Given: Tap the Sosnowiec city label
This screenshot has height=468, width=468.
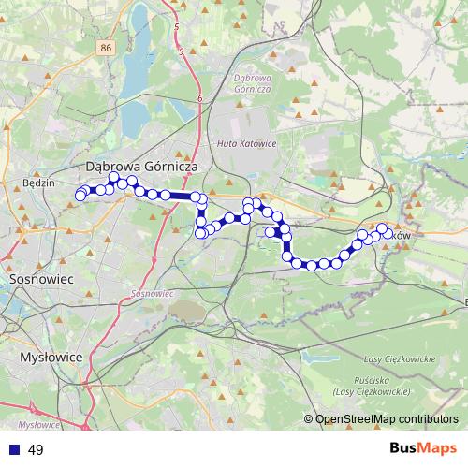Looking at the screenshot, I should click(35, 279).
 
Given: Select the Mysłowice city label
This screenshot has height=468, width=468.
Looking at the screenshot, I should click(51, 358).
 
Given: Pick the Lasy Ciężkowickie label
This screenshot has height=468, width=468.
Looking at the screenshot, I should click(398, 359).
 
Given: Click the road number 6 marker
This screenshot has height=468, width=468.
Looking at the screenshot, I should click(200, 97).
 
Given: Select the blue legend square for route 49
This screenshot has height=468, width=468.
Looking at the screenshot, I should click(15, 450).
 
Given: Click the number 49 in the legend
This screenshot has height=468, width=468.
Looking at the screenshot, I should click(37, 450).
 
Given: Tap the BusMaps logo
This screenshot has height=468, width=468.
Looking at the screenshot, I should click(422, 449).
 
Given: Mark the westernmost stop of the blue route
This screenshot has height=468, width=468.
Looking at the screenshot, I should click(80, 195).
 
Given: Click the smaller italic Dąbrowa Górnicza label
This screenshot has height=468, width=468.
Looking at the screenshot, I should click(253, 82).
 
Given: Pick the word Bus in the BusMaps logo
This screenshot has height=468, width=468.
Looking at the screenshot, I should click(406, 449).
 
